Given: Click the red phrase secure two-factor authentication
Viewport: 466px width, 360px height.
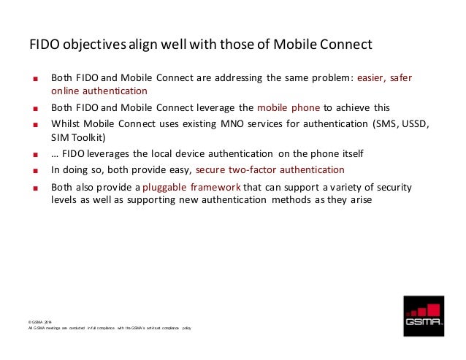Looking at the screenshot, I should pos(270,169).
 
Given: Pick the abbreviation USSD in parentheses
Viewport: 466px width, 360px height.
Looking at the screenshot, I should pos(413,123).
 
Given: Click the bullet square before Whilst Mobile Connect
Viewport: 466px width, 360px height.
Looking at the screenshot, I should pos(33,124).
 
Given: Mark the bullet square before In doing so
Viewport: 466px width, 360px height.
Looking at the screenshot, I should pos(33,170).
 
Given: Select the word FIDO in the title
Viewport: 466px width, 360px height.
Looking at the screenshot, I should pos(44,45).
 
